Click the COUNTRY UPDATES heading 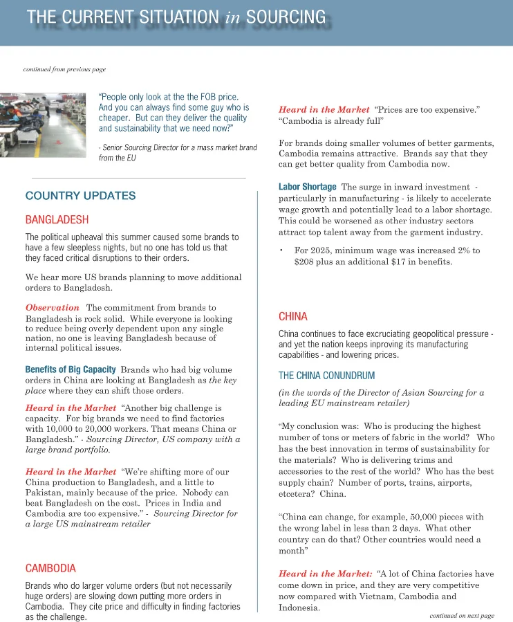(80, 196)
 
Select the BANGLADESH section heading (57, 220)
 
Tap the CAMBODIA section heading (50, 568)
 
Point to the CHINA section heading (293, 316)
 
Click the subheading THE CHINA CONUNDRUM (327, 376)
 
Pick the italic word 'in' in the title (232, 17)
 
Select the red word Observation (53, 307)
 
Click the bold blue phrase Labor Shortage (307, 187)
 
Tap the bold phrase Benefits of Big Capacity (70, 369)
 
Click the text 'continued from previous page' (64, 69)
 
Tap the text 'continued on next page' (461, 615)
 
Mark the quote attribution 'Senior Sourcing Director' (144, 147)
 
